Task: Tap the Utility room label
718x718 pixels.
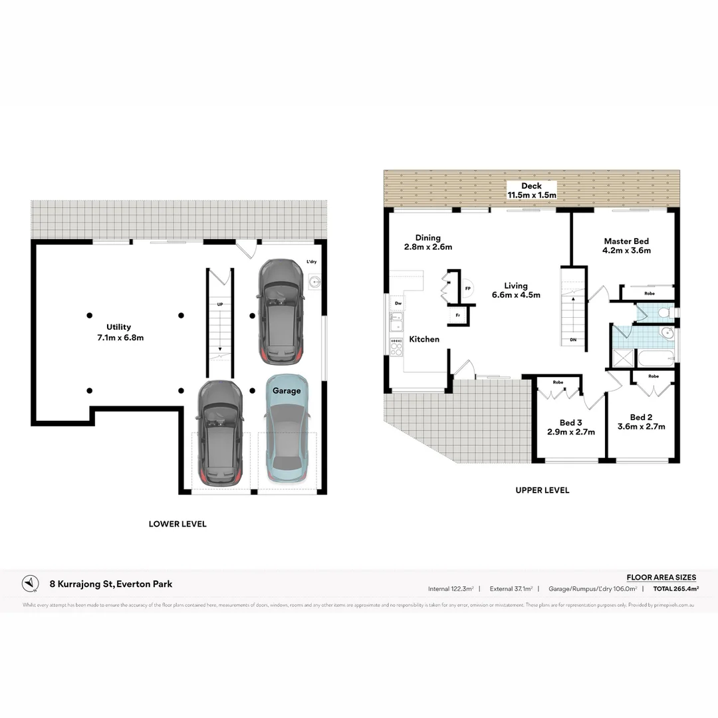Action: point(119,326)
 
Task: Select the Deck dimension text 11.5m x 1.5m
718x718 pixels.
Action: point(532,195)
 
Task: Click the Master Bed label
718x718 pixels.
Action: point(626,241)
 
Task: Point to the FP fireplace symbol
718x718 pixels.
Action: point(468,289)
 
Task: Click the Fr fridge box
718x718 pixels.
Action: point(458,315)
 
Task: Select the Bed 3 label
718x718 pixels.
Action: point(571,422)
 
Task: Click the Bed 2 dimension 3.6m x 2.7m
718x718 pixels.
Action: point(642,427)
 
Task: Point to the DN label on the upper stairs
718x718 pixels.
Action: point(573,340)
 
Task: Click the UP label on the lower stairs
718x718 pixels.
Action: point(219,304)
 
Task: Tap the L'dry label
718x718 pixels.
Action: point(311,263)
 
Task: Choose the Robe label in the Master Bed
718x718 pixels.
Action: point(649,293)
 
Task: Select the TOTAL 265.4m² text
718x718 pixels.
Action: point(675,589)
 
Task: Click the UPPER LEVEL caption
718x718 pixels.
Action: point(542,490)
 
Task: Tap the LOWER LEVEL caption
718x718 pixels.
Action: point(178,524)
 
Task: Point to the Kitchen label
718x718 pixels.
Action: point(424,339)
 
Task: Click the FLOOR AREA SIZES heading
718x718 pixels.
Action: point(661,577)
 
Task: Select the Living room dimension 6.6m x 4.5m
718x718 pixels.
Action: point(516,295)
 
